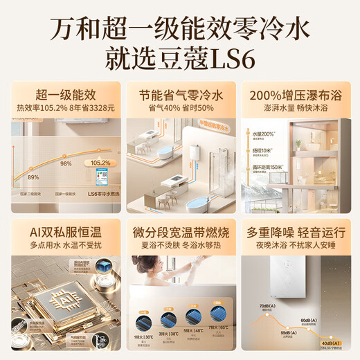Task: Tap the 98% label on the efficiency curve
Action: tap(66, 163)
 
